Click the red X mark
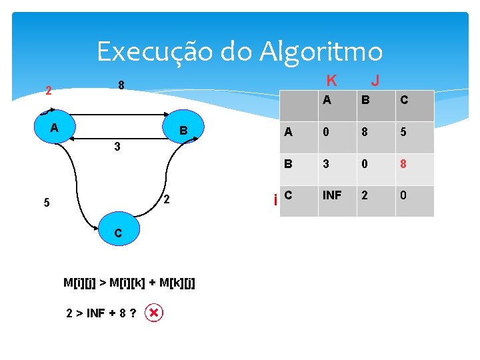(154, 313)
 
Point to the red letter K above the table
(331, 81)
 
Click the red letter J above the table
(375, 81)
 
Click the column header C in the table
(404, 101)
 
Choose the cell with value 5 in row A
(404, 132)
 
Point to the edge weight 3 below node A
(117, 147)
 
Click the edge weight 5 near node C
(46, 203)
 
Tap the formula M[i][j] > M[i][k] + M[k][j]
(129, 282)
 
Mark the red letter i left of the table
(276, 199)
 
